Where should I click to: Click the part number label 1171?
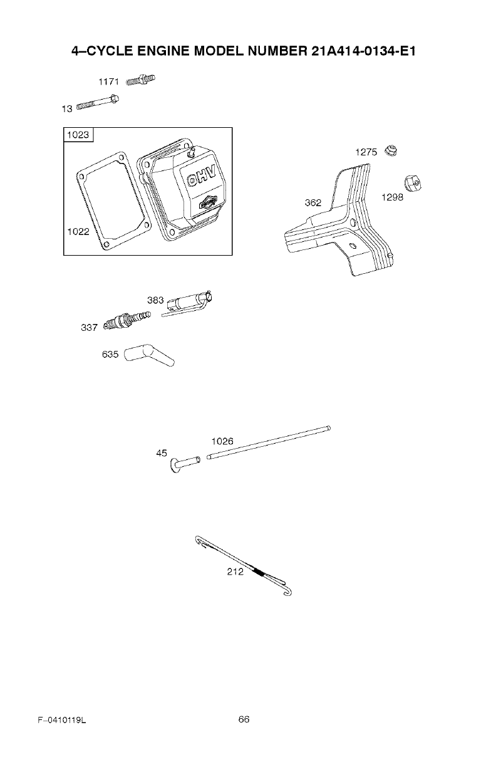point(110,82)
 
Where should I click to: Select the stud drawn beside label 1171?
point(140,80)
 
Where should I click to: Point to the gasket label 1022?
point(78,231)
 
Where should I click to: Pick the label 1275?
point(366,152)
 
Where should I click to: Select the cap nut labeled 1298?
point(412,183)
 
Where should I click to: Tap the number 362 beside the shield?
point(313,202)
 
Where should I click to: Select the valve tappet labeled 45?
point(184,464)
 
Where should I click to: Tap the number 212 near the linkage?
point(235,571)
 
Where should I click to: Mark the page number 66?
point(244,719)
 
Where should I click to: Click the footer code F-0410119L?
point(61,721)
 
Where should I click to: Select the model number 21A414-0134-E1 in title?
point(364,50)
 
